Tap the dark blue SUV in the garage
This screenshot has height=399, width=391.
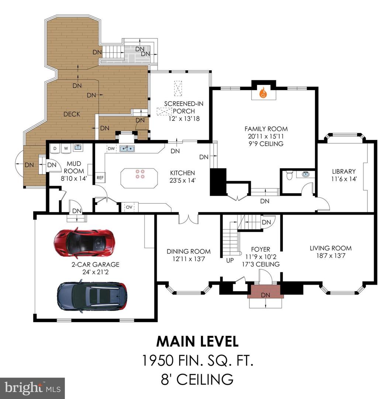pyautogui.click(x=92, y=296)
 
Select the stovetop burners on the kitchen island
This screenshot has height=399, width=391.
pyautogui.click(x=140, y=174)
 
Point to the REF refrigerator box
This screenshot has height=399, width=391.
pyautogui.click(x=100, y=178)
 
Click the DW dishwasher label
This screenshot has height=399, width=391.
pyautogui.click(x=111, y=149)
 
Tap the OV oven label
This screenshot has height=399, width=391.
pyautogui.click(x=129, y=207)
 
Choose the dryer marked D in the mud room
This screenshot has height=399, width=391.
pyautogui.click(x=55, y=149)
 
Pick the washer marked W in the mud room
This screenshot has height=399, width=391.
pyautogui.click(x=66, y=149)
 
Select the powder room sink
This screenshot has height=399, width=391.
pyautogui.click(x=305, y=174)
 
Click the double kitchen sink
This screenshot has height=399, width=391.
pyautogui.click(x=127, y=149)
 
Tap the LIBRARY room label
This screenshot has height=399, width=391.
pyautogui.click(x=344, y=171)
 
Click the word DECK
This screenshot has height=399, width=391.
pyautogui.click(x=72, y=114)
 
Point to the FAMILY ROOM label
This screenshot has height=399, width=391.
pyautogui.click(x=266, y=129)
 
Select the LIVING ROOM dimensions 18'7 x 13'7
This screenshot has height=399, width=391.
pyautogui.click(x=331, y=256)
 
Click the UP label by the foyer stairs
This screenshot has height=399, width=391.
pyautogui.click(x=230, y=260)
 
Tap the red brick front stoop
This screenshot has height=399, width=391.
pyautogui.click(x=266, y=291)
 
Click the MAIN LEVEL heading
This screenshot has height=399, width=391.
pyautogui.click(x=197, y=341)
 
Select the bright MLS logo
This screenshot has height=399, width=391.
pyautogui.click(x=32, y=388)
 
